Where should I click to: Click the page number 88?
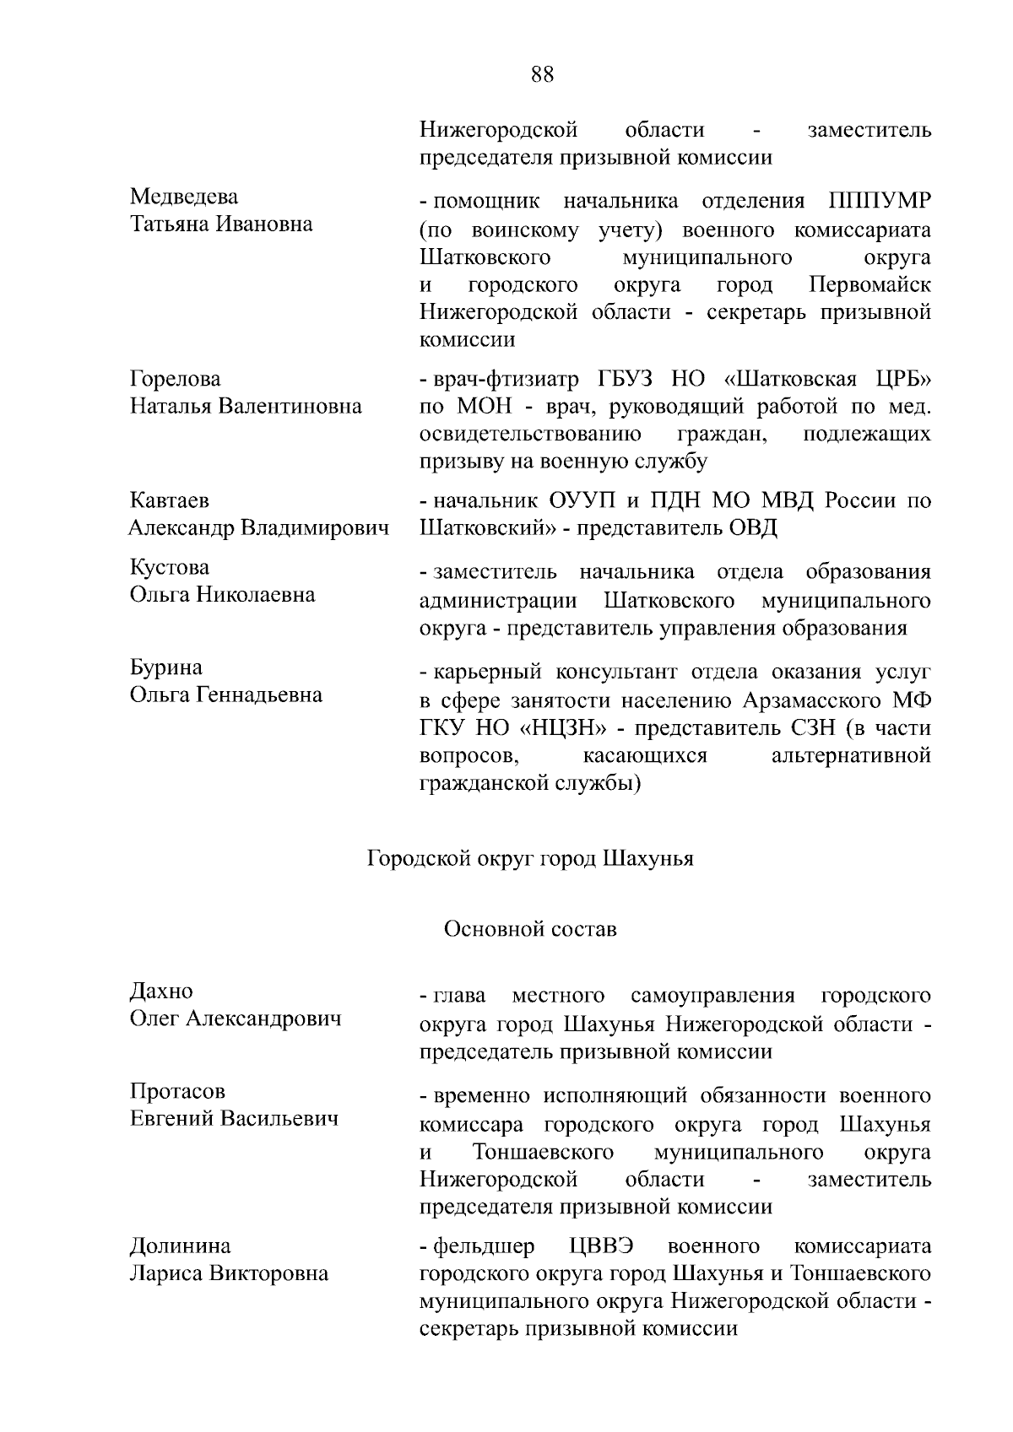pyautogui.click(x=543, y=74)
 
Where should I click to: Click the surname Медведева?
pyautogui.click(x=184, y=197)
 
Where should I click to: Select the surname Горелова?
pyautogui.click(x=176, y=379)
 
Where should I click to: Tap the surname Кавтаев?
pyautogui.click(x=169, y=500)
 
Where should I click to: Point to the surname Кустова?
pyautogui.click(x=170, y=567)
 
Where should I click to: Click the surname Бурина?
pyautogui.click(x=166, y=667)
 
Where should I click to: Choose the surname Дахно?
pyautogui.click(x=161, y=991)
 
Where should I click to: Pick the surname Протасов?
pyautogui.click(x=178, y=1091)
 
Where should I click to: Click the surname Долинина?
pyautogui.click(x=180, y=1246)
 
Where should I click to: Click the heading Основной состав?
pyautogui.click(x=530, y=929)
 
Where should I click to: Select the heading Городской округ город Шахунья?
pyautogui.click(x=530, y=859)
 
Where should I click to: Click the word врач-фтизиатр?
pyautogui.click(x=505, y=380)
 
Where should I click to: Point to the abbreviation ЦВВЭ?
pyautogui.click(x=601, y=1246)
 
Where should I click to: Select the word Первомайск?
pyautogui.click(x=869, y=284)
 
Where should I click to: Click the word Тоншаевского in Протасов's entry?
pyautogui.click(x=543, y=1152)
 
